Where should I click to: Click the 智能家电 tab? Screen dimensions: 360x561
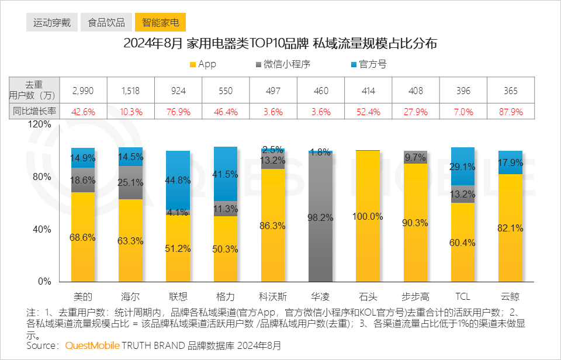click(161, 23)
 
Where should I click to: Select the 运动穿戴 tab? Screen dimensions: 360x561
click(52, 23)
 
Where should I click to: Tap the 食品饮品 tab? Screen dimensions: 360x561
click(106, 23)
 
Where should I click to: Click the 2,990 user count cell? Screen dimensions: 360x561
click(82, 91)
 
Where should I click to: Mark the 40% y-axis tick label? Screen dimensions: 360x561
click(43, 229)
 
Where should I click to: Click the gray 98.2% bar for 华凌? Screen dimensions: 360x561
click(320, 217)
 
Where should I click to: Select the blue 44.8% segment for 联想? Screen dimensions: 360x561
click(178, 180)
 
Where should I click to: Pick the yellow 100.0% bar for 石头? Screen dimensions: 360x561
click(368, 216)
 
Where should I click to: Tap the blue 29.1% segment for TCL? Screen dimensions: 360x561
click(463, 167)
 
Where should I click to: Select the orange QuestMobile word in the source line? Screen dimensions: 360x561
click(92, 346)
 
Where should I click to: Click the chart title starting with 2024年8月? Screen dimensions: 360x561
click(280, 44)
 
